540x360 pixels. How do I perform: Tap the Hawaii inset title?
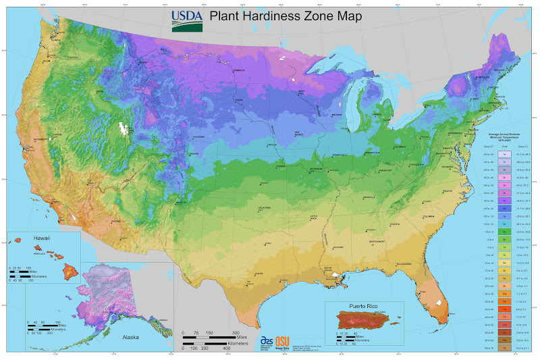click(x=43, y=238)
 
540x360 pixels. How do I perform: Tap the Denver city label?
click(x=194, y=153)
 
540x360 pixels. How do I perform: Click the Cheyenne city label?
click(x=198, y=136)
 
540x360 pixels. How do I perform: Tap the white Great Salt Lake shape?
click(x=123, y=128)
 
